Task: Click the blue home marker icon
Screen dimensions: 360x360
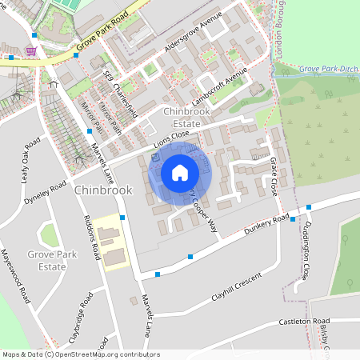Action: point(180,172)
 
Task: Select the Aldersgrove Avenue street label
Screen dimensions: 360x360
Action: point(193,37)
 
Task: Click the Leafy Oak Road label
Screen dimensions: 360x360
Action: point(30,164)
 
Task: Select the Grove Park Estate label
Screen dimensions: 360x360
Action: point(52,260)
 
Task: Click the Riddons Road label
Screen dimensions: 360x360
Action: point(90,238)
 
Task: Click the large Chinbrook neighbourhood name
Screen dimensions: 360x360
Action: point(102,191)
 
